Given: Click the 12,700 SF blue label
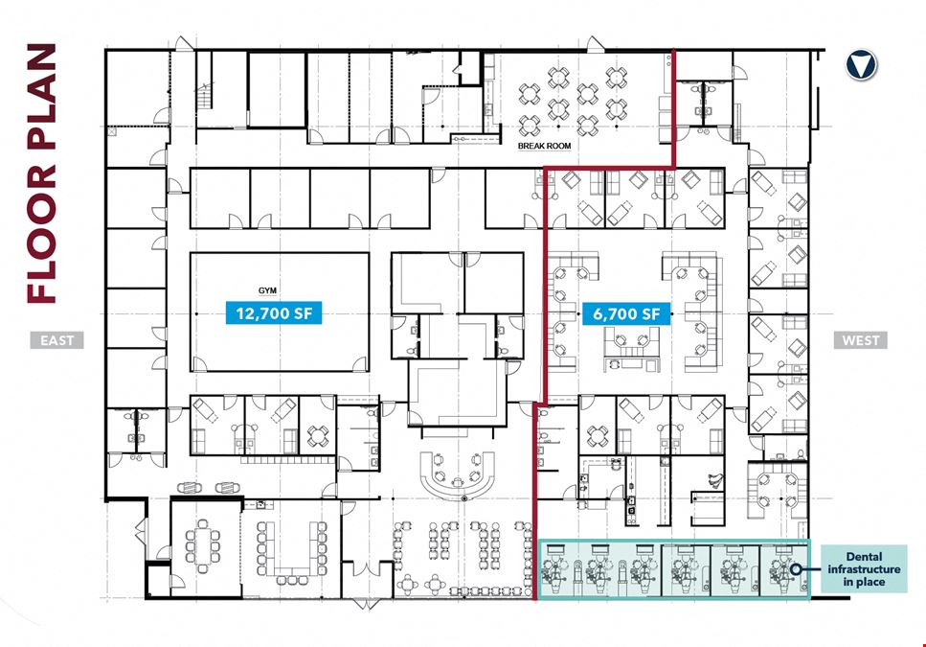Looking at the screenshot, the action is point(274,312).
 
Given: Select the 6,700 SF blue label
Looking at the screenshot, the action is point(626,313).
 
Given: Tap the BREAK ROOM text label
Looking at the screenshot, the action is point(545,146).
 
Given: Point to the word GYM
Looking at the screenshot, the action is point(267,290).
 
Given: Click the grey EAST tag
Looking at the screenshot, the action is point(57,340).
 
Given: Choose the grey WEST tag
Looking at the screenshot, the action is point(861,340).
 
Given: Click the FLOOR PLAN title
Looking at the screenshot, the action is point(42,173).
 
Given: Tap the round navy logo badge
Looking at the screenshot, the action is point(861,65).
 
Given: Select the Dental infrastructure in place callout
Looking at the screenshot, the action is point(864,569).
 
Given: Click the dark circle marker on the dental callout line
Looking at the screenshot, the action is point(796,569).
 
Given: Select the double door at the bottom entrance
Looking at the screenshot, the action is point(366,603).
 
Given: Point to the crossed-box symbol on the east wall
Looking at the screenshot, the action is point(112,131).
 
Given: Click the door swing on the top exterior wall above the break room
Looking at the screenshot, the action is point(595,44).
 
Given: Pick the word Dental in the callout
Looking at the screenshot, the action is point(864,557).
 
